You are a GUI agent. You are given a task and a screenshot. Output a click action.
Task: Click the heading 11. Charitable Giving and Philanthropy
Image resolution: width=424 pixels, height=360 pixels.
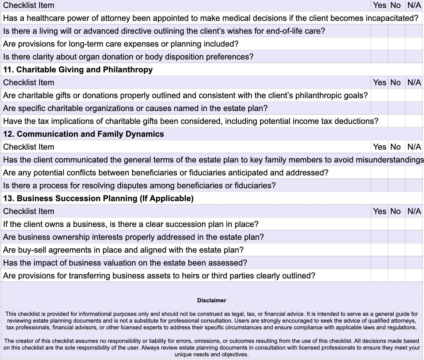pyautogui.click(x=78, y=70)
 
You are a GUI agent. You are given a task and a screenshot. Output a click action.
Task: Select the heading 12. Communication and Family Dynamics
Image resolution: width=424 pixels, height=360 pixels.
pyautogui.click(x=83, y=134)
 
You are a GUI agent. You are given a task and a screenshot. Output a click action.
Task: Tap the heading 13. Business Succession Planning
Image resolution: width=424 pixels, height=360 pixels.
pyautogui.click(x=98, y=198)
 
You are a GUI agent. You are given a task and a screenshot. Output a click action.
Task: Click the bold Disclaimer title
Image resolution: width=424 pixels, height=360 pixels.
pyautogui.click(x=212, y=301)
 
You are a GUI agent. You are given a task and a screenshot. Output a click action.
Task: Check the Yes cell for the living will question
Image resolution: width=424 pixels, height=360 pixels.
pyautogui.click(x=379, y=31)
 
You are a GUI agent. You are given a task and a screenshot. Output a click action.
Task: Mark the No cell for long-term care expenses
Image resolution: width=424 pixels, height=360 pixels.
pyautogui.click(x=396, y=44)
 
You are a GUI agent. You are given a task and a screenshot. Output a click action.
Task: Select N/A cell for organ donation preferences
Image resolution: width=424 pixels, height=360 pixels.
pyautogui.click(x=414, y=57)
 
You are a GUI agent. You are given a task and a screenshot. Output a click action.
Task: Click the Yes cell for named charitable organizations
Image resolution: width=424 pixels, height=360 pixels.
pyautogui.click(x=379, y=108)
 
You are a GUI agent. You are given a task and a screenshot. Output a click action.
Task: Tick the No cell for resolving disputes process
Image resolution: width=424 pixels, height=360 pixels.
pyautogui.click(x=396, y=186)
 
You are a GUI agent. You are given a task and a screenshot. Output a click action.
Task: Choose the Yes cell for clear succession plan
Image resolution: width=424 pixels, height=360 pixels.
pyautogui.click(x=379, y=224)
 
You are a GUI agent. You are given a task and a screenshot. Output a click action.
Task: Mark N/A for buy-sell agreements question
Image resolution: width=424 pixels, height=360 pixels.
pyautogui.click(x=414, y=250)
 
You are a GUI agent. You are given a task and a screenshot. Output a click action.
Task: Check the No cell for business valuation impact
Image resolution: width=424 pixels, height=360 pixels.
pyautogui.click(x=396, y=263)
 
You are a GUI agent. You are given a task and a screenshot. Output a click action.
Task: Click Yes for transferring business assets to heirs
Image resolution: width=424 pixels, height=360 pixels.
pyautogui.click(x=379, y=276)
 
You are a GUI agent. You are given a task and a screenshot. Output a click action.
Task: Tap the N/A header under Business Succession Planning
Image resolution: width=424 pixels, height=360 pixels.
pyautogui.click(x=414, y=211)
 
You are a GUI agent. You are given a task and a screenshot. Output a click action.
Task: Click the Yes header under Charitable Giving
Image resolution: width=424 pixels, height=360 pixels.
pyautogui.click(x=380, y=82)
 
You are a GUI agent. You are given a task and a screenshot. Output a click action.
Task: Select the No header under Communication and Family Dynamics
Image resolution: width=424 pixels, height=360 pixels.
pyautogui.click(x=396, y=147)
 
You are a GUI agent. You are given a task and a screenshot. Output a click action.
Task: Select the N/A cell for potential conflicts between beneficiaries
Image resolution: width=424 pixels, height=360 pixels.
pyautogui.click(x=414, y=173)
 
